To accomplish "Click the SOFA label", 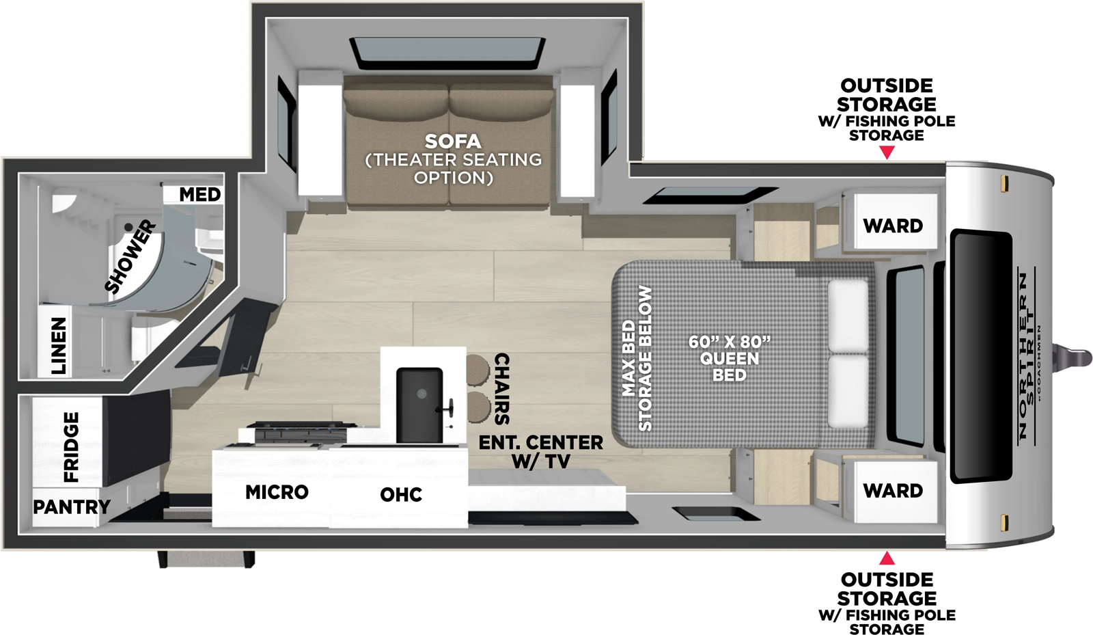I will (452, 142).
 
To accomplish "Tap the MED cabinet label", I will (199, 195).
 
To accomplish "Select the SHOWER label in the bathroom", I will (130, 256).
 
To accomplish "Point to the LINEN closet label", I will (59, 345).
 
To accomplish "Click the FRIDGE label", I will (71, 447).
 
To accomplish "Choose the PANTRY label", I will (71, 507).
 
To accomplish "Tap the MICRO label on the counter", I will (277, 492).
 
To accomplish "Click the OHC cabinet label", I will (401, 495).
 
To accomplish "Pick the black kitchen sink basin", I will (419, 405).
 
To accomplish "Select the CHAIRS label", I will (501, 389).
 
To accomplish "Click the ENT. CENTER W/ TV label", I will (540, 452).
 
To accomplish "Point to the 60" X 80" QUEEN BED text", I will (730, 358).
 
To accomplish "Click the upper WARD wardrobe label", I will (893, 226).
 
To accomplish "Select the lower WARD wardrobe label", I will (893, 491).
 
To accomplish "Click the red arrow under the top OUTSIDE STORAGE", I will (887, 153).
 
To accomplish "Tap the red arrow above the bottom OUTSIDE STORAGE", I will (887, 558).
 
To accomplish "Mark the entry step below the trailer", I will (206, 560).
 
